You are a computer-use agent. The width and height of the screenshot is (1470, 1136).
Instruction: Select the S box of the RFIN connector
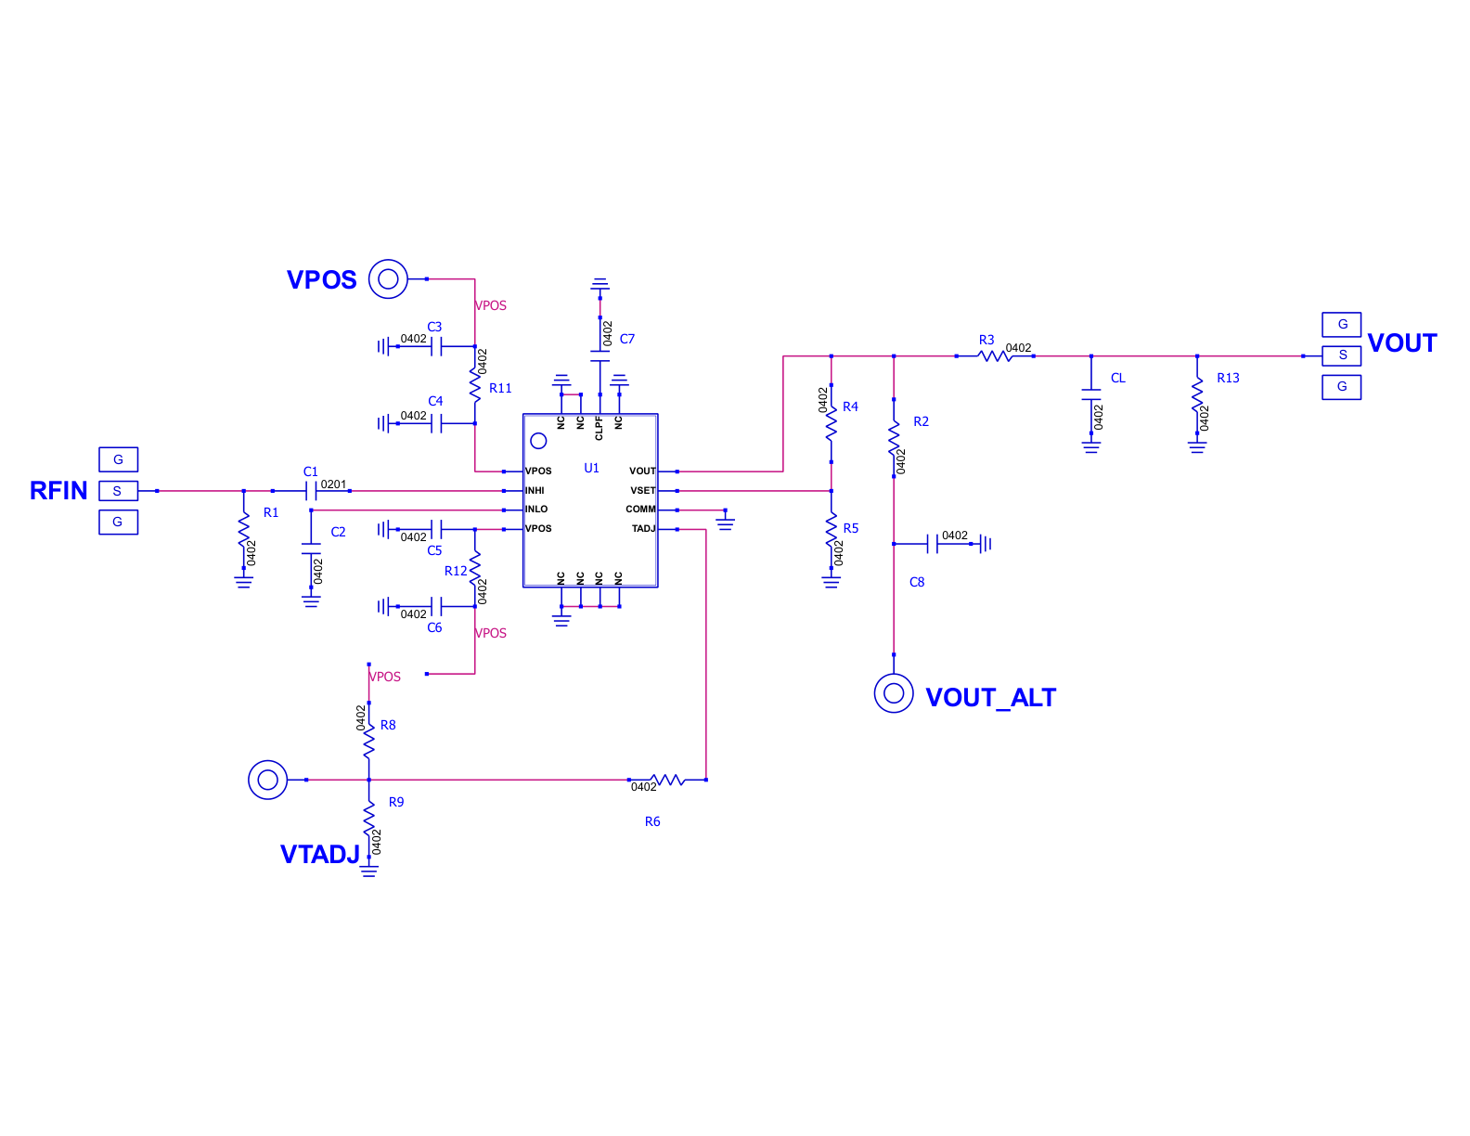[x=119, y=491]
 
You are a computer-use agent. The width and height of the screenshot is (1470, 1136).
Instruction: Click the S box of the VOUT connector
[x=1341, y=355]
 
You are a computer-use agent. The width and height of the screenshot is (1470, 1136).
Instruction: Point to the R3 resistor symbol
[x=994, y=355]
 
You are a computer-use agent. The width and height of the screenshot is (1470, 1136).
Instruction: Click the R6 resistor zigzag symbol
[x=667, y=780]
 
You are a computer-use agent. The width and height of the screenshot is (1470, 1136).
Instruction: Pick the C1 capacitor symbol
[x=311, y=491]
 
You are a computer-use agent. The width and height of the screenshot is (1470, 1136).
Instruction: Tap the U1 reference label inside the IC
[x=591, y=468]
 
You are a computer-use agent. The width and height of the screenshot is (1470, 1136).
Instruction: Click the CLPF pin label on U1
[x=599, y=428]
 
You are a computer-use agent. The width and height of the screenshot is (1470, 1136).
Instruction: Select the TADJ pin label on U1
[x=643, y=528]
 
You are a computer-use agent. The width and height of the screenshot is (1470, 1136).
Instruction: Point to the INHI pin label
[x=535, y=491]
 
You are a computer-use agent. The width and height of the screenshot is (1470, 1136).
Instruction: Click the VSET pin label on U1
[x=642, y=491]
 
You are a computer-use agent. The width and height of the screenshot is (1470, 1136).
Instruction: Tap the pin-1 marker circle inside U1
[x=538, y=441]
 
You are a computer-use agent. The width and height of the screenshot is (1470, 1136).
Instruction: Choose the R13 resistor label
[x=1228, y=379]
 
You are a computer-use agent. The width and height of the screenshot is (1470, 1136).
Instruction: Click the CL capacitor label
[x=1117, y=379]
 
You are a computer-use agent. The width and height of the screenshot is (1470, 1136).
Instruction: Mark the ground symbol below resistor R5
[x=831, y=581]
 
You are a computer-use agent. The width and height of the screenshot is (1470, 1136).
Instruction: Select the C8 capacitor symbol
[x=932, y=543]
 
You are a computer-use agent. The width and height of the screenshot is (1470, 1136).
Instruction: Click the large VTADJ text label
[x=320, y=854]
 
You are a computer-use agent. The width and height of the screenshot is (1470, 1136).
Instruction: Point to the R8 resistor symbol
[x=368, y=742]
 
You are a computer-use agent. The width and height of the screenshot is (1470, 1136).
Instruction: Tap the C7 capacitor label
[x=627, y=339]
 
